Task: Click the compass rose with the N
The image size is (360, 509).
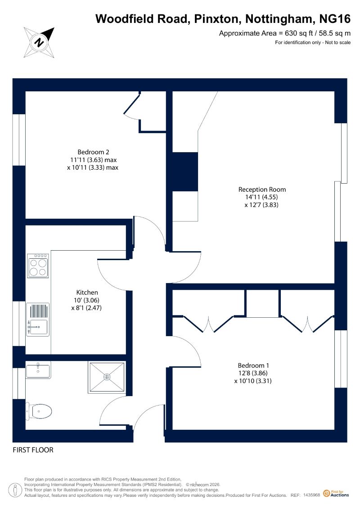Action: [39, 42]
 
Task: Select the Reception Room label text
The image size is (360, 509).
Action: [262, 189]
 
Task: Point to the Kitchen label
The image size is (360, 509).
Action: [87, 292]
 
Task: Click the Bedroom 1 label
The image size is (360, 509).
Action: [253, 365]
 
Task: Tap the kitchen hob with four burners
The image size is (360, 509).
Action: [38, 266]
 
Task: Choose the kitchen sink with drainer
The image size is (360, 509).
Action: [38, 320]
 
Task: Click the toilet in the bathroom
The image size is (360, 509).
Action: [39, 411]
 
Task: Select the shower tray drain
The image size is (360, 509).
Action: [107, 377]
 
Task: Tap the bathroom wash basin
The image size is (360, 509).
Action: [38, 370]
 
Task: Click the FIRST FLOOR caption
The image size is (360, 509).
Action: [33, 450]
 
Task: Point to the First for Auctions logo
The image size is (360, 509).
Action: [336, 493]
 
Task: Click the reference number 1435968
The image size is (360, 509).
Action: [312, 495]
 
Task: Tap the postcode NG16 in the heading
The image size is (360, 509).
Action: [335, 19]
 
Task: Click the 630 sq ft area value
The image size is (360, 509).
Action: [296, 33]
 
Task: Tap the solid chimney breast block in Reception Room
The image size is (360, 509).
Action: [184, 172]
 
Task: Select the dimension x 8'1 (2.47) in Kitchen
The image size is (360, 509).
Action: [86, 308]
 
